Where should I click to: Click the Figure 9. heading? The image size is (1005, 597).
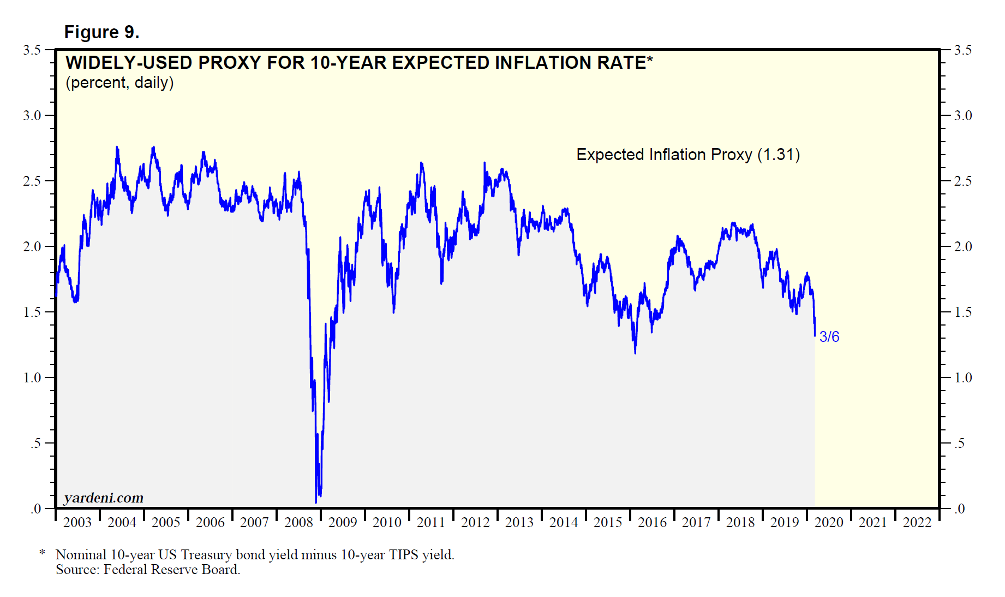click(101, 32)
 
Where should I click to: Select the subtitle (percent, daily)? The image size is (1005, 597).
click(119, 83)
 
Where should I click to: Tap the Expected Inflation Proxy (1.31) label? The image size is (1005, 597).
click(687, 155)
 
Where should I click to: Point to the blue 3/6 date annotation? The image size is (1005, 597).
click(829, 337)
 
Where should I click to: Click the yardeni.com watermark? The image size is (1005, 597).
click(104, 498)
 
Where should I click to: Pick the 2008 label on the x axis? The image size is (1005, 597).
click(298, 523)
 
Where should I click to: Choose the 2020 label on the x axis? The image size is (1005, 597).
click(829, 523)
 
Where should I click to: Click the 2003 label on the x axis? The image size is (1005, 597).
click(77, 523)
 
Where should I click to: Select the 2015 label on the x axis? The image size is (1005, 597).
click(608, 523)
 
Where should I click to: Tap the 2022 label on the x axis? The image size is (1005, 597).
click(917, 523)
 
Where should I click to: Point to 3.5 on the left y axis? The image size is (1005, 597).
click(32, 50)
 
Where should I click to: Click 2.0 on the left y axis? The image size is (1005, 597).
click(32, 246)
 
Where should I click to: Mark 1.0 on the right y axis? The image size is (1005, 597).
click(963, 377)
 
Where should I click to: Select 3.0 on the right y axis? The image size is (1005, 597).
click(963, 115)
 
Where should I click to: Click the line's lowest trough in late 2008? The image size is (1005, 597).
click(316, 501)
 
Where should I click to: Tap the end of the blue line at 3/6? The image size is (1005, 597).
click(815, 335)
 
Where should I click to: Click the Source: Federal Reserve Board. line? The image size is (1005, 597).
click(148, 570)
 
